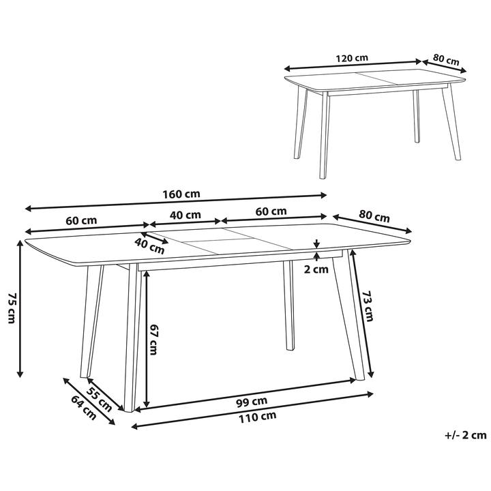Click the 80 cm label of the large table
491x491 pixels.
(374, 216)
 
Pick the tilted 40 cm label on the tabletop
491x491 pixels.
(150, 245)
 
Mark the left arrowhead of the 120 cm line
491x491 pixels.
(288, 69)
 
